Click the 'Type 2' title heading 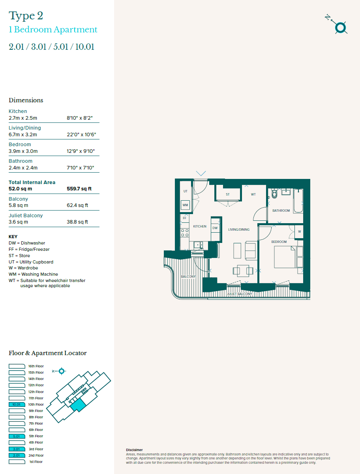[26, 16]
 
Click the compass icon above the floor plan [340, 28]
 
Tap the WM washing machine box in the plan [185, 205]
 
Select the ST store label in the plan [228, 194]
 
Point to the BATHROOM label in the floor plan [281, 211]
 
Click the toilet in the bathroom [275, 194]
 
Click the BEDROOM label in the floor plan [279, 241]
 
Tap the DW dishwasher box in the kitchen [215, 228]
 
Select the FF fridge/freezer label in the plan [184, 218]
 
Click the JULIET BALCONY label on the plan [239, 294]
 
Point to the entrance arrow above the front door [201, 173]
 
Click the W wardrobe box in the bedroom [299, 231]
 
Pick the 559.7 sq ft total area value [79, 189]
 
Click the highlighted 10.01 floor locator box [16, 404]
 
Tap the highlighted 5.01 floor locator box [16, 436]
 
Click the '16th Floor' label [36, 366]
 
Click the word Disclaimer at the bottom [134, 450]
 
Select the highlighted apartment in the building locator [78, 405]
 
